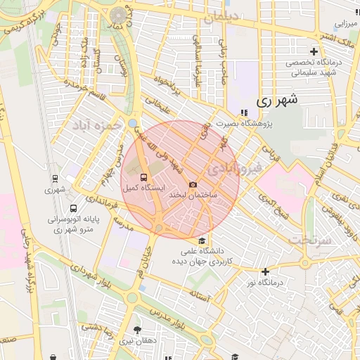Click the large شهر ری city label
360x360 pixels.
pyautogui.click(x=278, y=101)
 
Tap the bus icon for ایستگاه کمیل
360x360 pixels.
pyautogui.click(x=144, y=176)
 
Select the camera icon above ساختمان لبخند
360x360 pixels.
pyautogui.click(x=193, y=184)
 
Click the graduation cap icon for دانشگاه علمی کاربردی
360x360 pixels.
pyautogui.click(x=202, y=243)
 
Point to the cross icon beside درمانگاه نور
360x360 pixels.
pyautogui.click(x=265, y=271)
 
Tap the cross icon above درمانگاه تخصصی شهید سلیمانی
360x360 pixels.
pyautogui.click(x=314, y=51)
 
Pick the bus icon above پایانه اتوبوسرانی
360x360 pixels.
pyautogui.click(x=74, y=209)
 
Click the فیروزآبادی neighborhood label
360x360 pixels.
pyautogui.click(x=236, y=169)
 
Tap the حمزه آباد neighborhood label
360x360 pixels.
pyautogui.click(x=92, y=128)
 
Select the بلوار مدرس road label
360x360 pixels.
pyautogui.click(x=168, y=318)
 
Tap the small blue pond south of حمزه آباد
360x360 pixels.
pyautogui.click(x=133, y=124)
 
